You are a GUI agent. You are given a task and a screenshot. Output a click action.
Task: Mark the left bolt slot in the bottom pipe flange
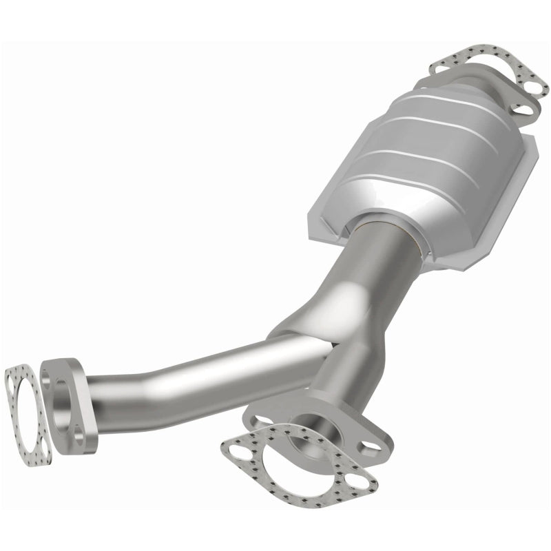[x=261, y=417]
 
